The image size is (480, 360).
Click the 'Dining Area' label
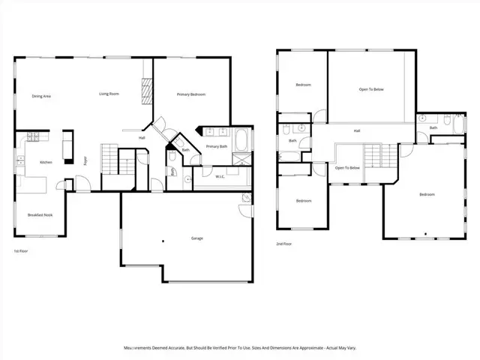[41, 96]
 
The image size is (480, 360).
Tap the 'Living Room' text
[109, 94]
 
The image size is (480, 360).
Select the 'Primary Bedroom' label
[191, 94]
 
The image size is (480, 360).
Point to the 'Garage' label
[196, 238]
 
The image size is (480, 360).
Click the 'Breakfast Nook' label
[39, 215]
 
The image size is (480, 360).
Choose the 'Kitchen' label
[46, 162]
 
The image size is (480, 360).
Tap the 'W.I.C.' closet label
[220, 177]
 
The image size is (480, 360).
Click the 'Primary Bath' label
[217, 146]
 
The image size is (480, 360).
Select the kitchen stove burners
[33, 136]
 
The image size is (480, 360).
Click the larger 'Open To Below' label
[371, 90]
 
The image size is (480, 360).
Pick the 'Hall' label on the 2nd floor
[357, 131]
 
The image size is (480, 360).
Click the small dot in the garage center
[163, 241]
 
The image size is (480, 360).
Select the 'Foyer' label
[85, 159]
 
